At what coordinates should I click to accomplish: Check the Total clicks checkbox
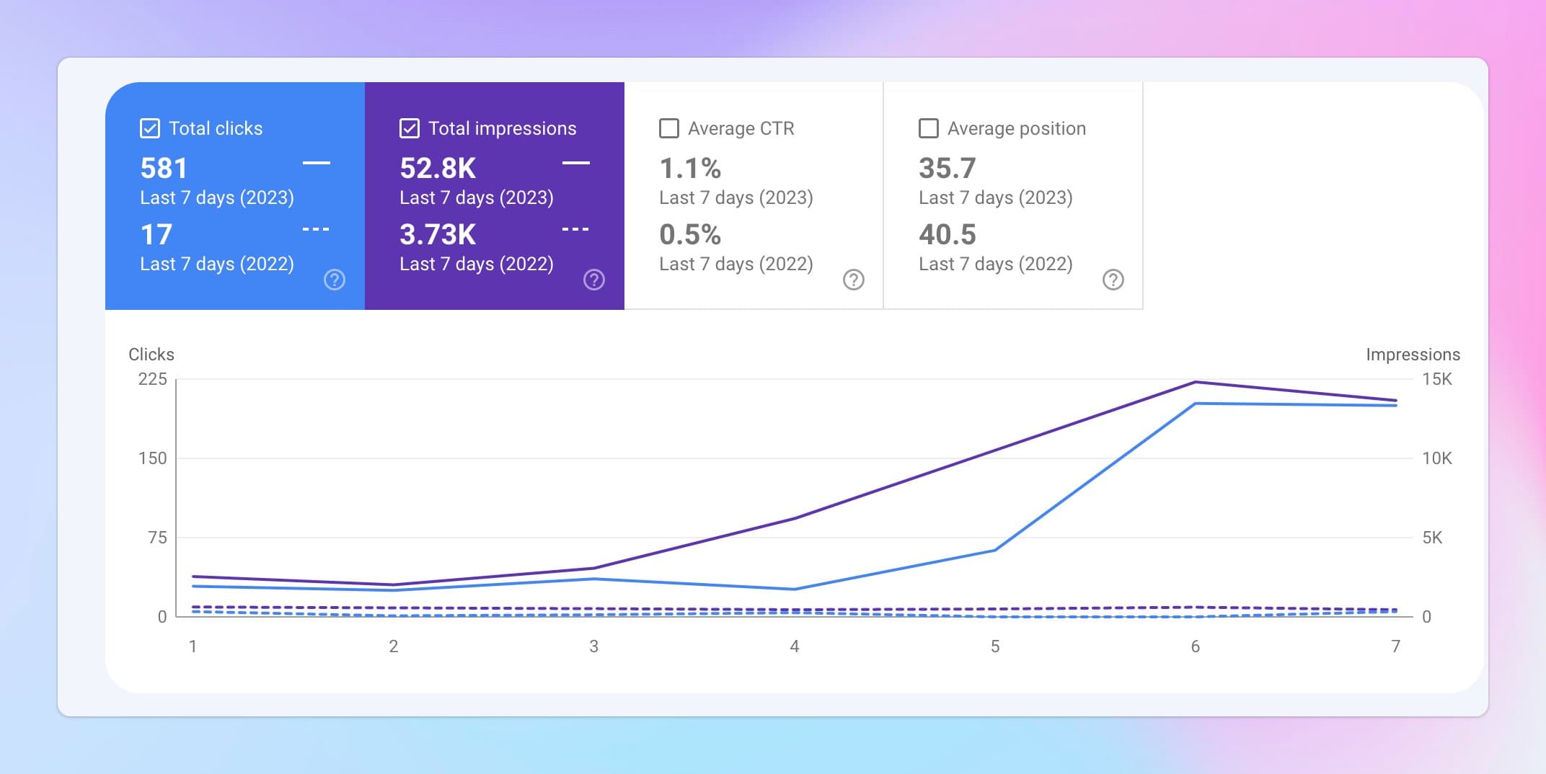coord(149,128)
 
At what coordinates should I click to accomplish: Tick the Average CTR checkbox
coord(668,128)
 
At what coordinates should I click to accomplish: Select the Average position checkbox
coord(928,128)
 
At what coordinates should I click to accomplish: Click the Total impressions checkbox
coord(409,128)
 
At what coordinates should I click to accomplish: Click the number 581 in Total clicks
coord(164,169)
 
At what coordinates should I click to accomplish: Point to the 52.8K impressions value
coord(438,169)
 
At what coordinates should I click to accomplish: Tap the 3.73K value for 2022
coord(438,235)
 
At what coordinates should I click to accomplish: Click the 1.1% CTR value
coord(689,169)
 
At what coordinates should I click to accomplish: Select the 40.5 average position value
coord(947,235)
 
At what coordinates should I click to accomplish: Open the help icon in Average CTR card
coord(853,280)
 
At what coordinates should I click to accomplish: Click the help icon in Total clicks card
coord(334,280)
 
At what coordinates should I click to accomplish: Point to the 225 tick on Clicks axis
coord(152,379)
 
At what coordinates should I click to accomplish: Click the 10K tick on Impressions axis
coord(1436,458)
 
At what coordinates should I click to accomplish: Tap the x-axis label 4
coord(794,646)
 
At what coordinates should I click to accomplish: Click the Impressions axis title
coord(1412,355)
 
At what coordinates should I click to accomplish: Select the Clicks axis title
coord(151,355)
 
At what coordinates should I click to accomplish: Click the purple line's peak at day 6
coord(1195,382)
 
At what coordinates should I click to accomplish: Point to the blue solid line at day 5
coord(995,551)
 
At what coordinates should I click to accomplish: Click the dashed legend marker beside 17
coord(315,229)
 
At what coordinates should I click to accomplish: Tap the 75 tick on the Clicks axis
coord(156,538)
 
